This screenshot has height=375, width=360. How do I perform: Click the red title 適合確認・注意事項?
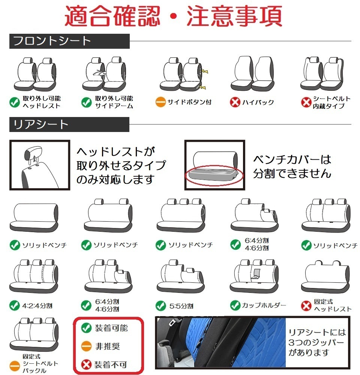tap(173, 15)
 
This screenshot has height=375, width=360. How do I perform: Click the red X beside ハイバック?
tap(235, 102)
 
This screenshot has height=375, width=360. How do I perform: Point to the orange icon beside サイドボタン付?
tap(160, 102)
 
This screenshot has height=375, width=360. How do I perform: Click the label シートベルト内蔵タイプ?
tap(331, 102)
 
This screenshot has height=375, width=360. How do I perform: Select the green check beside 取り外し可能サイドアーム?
tap(87, 102)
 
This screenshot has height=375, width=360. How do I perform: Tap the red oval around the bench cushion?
tap(214, 174)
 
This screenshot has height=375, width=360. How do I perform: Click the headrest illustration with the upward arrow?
tap(39, 165)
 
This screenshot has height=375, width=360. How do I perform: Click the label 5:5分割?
tap(181, 306)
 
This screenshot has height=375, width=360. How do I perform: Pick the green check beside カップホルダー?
tap(235, 305)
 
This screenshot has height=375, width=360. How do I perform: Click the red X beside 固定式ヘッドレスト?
tap(306, 305)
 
